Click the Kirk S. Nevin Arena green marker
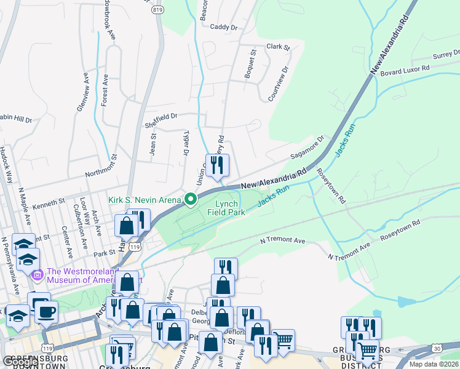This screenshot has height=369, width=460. [191, 199]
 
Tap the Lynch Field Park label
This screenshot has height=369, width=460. [230, 208]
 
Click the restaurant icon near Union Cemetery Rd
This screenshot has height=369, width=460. [217, 165]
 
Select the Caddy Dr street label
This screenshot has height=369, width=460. [223, 27]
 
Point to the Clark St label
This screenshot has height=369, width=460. [278, 47]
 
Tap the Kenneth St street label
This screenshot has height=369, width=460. [49, 202]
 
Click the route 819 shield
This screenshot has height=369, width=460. [159, 9]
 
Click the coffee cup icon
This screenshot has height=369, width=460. [46, 312]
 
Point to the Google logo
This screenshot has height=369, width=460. [20, 362]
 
